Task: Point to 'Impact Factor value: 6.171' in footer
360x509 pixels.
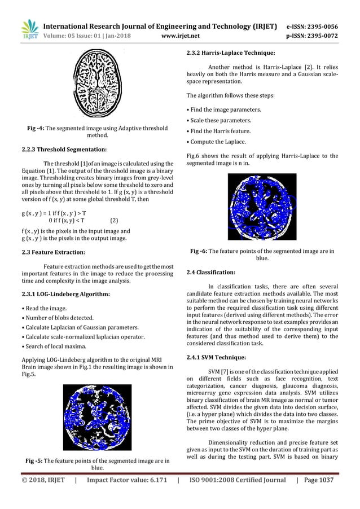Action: (122, 496)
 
